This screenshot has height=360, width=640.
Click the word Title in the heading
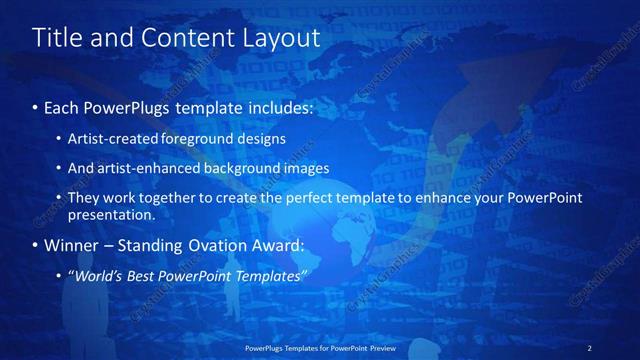(x=55, y=38)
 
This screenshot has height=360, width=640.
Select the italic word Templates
(x=269, y=275)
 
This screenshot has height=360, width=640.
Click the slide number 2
(x=589, y=347)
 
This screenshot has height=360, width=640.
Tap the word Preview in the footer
(x=380, y=347)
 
